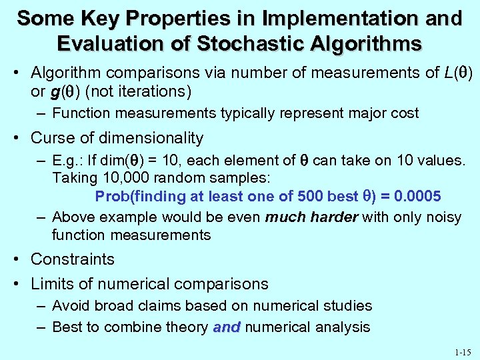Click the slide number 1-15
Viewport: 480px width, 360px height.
[x=461, y=350]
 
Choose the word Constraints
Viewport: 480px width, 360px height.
[x=73, y=259]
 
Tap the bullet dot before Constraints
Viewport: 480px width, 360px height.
[x=19, y=259]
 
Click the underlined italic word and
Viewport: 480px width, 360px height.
[x=227, y=327]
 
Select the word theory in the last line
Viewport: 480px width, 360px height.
[x=187, y=327]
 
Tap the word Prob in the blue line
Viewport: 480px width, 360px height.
[x=111, y=197]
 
